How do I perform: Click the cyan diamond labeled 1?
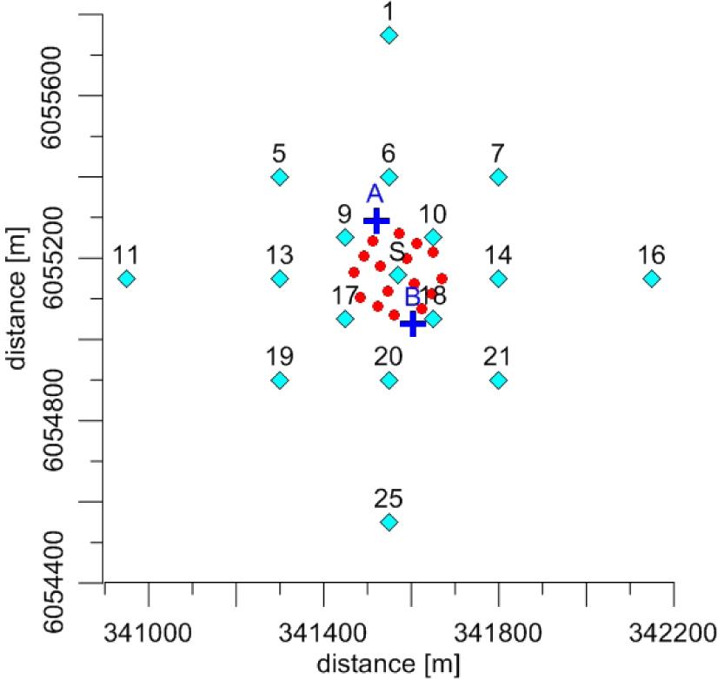389,35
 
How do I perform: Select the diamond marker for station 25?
389,522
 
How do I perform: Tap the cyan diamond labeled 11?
127,279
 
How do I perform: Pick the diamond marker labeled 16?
651,279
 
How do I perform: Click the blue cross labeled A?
376,221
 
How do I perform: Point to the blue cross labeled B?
412,324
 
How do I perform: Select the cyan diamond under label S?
397,275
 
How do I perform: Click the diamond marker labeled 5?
280,177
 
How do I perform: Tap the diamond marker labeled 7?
498,177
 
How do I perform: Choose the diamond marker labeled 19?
280,380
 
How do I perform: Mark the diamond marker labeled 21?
498,380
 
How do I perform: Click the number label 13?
280,255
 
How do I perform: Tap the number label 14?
498,255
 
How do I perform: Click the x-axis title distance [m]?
388,663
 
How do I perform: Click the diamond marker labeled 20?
389,380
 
